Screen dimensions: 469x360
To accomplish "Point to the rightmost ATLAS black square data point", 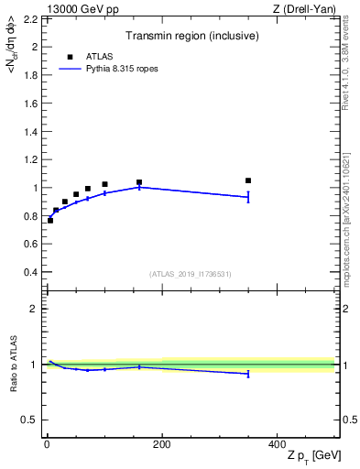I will coord(248,180).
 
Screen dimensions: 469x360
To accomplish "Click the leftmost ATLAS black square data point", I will coord(50,220).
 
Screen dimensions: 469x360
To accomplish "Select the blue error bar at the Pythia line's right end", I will coord(248,197).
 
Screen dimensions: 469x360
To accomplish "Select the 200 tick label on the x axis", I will coord(161,444).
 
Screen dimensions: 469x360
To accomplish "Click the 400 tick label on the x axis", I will coord(277,444).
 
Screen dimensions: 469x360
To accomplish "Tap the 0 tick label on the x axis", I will coord(47,444).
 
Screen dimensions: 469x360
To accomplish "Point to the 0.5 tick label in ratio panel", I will coord(27,420).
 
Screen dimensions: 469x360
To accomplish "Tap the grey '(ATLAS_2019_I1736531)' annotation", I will coord(191,274).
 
